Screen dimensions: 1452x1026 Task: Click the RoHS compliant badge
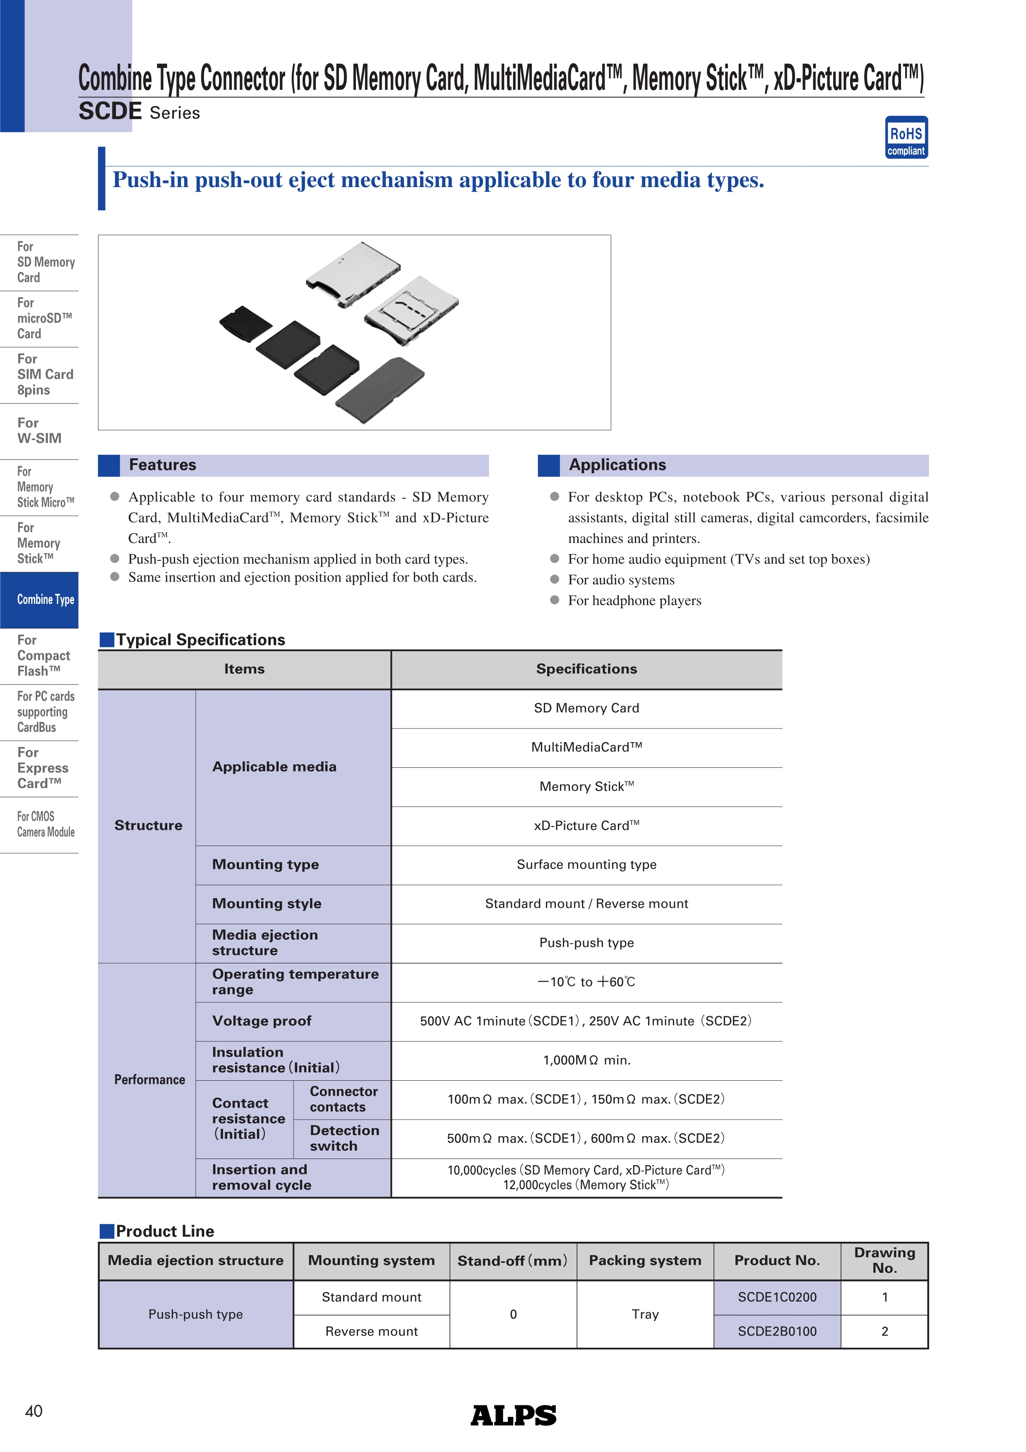pyautogui.click(x=906, y=137)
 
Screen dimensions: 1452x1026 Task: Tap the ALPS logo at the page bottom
pyautogui.click(x=513, y=1415)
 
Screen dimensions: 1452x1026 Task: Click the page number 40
pyautogui.click(x=34, y=1411)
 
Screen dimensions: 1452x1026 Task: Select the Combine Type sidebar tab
pyautogui.click(x=39, y=599)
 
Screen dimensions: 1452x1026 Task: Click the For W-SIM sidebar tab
pyautogui.click(x=39, y=430)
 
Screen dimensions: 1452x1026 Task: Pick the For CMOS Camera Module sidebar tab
pyautogui.click(x=39, y=824)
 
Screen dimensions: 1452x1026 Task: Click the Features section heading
pyautogui.click(x=163, y=465)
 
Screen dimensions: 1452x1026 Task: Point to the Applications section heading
pyautogui.click(x=617, y=465)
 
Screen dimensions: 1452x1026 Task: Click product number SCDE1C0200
pyautogui.click(x=777, y=1297)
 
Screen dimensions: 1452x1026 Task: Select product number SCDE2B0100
pyautogui.click(x=777, y=1331)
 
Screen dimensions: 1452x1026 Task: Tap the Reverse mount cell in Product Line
pyautogui.click(x=371, y=1331)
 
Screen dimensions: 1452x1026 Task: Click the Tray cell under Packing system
pyautogui.click(x=645, y=1314)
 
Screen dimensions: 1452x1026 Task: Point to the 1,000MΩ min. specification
pyautogui.click(x=586, y=1060)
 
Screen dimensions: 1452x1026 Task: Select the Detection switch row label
pyautogui.click(x=344, y=1138)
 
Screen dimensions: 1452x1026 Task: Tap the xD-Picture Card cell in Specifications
pyautogui.click(x=586, y=826)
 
